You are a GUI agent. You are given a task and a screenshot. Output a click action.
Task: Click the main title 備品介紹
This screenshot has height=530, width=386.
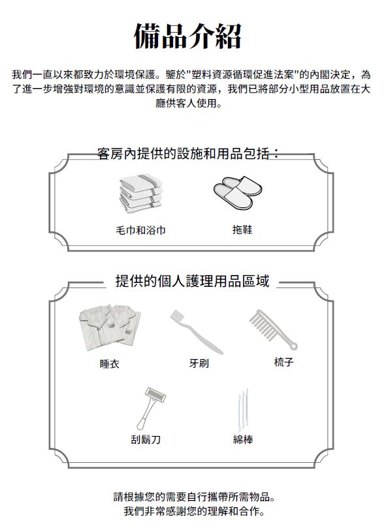(188, 36)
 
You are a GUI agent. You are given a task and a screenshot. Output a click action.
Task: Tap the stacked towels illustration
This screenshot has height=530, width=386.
(141, 195)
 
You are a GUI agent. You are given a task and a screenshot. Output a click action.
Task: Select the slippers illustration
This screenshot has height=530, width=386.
(238, 193)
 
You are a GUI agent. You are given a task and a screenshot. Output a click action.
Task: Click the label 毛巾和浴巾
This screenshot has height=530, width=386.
(141, 231)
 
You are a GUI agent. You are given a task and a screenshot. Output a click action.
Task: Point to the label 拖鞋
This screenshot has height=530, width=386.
(242, 230)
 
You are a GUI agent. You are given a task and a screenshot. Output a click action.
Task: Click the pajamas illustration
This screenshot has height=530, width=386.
(110, 327)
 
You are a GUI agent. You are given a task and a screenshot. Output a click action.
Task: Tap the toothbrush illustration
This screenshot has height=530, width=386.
(197, 332)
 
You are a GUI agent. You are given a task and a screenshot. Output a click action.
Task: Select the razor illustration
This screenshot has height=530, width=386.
(152, 408)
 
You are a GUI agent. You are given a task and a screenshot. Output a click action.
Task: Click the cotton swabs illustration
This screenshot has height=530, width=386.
(243, 409)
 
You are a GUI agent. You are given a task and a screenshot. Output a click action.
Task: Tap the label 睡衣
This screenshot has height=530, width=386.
(110, 364)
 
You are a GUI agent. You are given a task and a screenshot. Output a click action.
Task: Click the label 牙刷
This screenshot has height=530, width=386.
(199, 363)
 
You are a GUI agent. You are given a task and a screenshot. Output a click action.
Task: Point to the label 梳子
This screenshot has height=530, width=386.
(283, 362)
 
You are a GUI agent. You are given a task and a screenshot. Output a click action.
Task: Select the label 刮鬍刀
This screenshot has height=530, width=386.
(146, 439)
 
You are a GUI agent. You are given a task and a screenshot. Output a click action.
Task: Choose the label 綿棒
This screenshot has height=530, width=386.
(243, 439)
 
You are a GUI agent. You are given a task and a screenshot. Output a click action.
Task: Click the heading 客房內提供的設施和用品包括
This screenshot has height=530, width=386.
(184, 154)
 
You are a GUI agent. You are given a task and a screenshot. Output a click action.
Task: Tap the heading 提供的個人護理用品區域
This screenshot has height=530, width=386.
(192, 281)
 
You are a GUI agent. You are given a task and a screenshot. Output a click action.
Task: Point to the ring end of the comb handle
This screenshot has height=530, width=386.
(293, 346)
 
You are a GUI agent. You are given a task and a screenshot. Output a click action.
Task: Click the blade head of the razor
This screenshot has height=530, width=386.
(155, 395)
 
